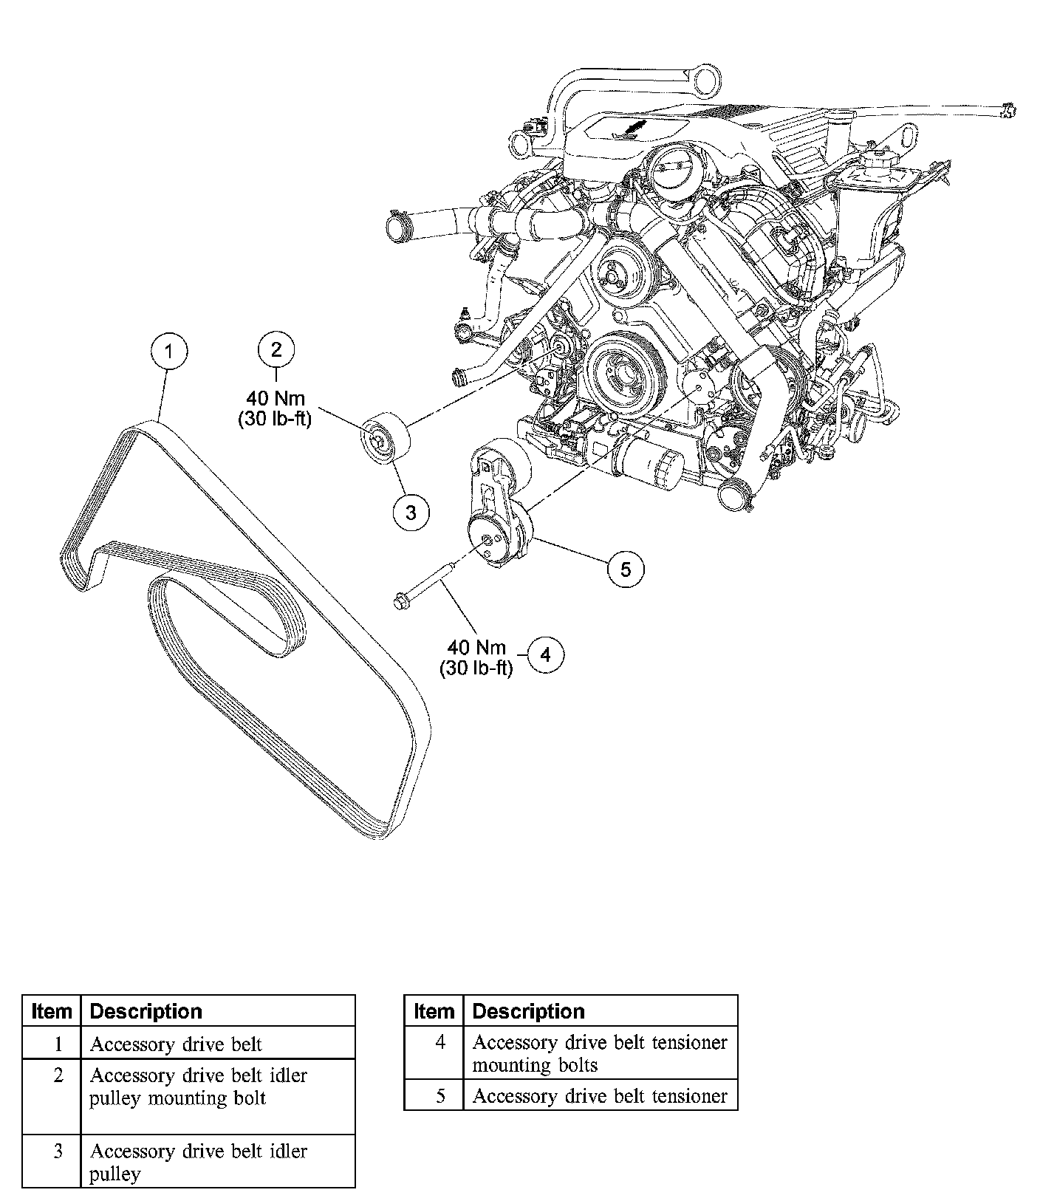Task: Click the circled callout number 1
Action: tap(169, 351)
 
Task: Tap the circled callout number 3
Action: tap(411, 512)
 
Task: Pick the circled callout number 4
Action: tap(545, 654)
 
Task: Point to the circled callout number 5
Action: tap(626, 569)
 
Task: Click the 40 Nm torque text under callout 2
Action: tap(276, 399)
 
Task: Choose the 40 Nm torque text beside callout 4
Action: tap(476, 648)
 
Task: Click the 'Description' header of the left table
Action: tap(146, 1011)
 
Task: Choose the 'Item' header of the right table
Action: tap(434, 1011)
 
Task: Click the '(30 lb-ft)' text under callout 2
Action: tap(275, 419)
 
